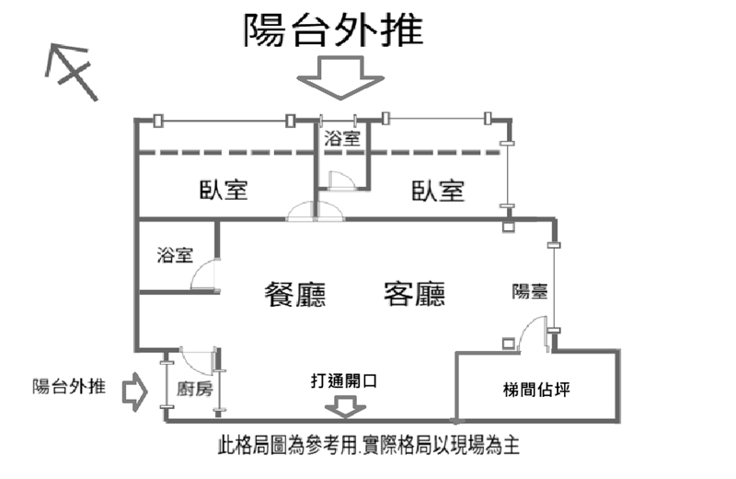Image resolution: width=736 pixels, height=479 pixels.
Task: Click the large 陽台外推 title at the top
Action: pos(333,29)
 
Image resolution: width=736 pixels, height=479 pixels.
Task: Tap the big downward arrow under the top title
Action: pos(340,77)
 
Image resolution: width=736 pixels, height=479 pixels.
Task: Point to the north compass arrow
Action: pos(72,72)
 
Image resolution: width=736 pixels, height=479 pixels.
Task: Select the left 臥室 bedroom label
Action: pos(224,190)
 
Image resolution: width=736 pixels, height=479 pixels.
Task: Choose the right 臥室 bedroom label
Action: pos(438,191)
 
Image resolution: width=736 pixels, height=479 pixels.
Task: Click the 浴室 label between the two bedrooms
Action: pos(342,139)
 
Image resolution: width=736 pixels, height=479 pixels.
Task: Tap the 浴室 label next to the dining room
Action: pos(175,255)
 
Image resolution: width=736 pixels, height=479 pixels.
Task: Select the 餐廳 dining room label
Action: pos(295,294)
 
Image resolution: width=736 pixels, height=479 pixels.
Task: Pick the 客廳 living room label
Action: pos(415,294)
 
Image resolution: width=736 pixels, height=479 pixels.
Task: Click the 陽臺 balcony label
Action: pos(530,291)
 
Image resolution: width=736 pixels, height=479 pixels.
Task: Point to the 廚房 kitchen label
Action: pos(195,389)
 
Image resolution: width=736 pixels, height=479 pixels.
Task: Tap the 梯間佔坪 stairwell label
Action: pos(536,390)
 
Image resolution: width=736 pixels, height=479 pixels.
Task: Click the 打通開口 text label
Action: pos(344,380)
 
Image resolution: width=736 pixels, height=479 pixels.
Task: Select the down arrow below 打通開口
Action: pos(346,406)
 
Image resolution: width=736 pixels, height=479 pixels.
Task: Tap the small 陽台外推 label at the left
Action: pos(69,386)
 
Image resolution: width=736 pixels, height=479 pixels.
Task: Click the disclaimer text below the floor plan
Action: pos(369,445)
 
